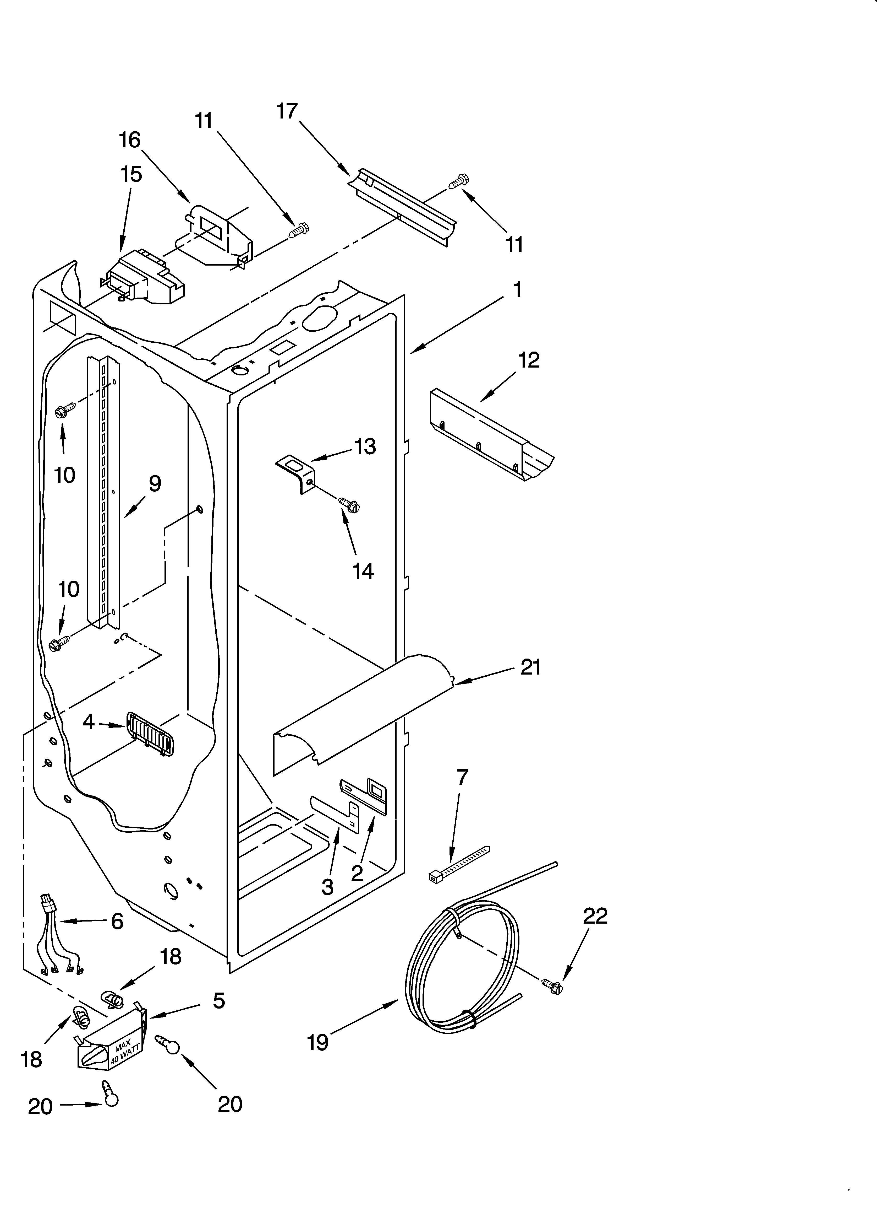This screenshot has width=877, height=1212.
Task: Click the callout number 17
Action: click(287, 111)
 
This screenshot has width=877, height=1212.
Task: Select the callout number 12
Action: click(529, 360)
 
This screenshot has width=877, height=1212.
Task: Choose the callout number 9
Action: click(154, 484)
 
